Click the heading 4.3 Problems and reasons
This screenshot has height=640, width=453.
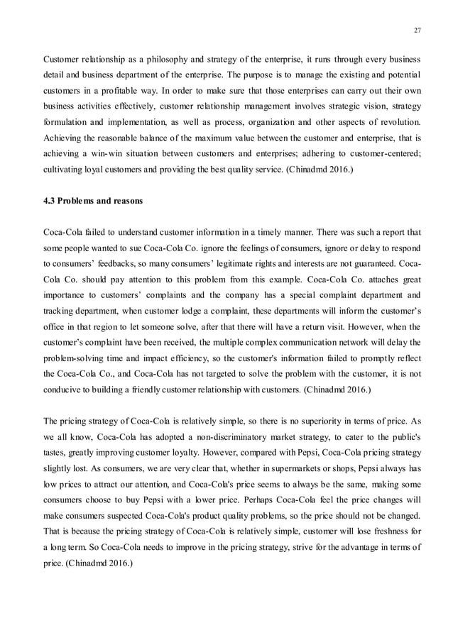(93, 201)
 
